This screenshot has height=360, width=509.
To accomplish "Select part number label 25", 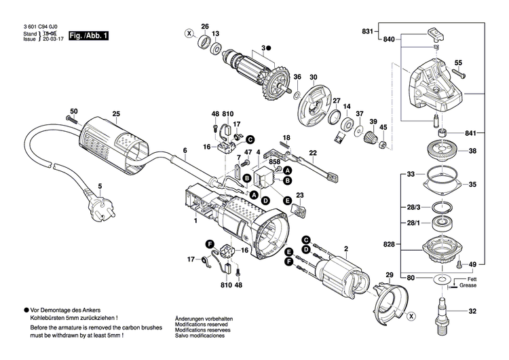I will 116,113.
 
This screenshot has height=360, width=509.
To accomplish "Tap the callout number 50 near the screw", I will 74,111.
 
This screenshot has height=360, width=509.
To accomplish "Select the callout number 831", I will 368,32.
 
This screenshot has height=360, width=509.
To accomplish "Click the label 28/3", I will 413,206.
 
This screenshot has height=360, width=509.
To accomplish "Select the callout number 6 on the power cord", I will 184,150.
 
